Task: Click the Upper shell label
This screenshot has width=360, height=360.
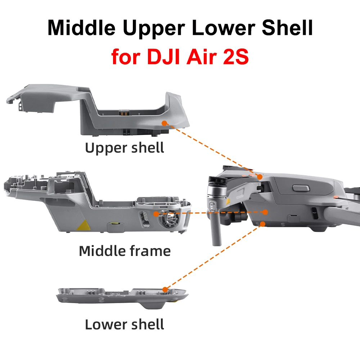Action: point(125,148)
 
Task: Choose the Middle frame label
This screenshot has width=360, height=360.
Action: point(125,251)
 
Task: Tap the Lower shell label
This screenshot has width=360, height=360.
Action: point(125,324)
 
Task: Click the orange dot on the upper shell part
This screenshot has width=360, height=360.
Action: point(164,123)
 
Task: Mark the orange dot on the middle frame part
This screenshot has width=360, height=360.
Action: point(156,213)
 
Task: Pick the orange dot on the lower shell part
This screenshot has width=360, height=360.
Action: point(165,289)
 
